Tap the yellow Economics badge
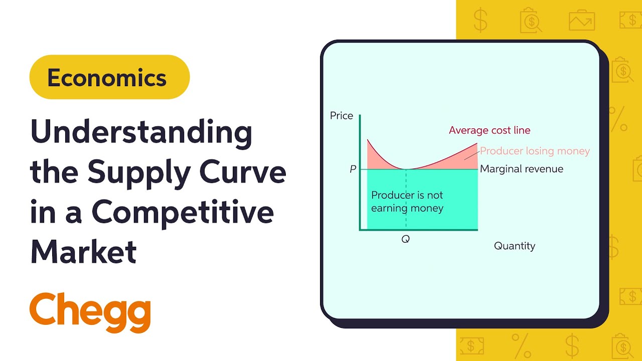109,77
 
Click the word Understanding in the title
141,133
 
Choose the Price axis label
342,116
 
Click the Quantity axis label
515,246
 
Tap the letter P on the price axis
353,169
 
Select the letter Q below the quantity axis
405,239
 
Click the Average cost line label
490,130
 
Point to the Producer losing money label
535,151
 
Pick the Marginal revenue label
522,169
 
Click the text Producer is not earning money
407,201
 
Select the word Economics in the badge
107,78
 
